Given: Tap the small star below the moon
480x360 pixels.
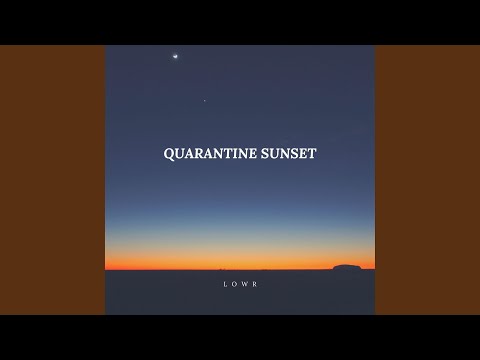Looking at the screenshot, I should tap(206, 100).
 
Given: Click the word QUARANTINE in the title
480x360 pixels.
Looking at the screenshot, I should tap(209, 155).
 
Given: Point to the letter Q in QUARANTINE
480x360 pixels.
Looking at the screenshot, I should tap(168, 155).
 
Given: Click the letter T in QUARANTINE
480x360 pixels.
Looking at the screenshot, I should tap(226, 155).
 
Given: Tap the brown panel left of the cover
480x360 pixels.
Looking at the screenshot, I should tap(52, 180).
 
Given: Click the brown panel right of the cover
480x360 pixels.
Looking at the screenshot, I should tap(427, 180).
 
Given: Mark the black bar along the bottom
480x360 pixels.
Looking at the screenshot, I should tap(240, 337).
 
